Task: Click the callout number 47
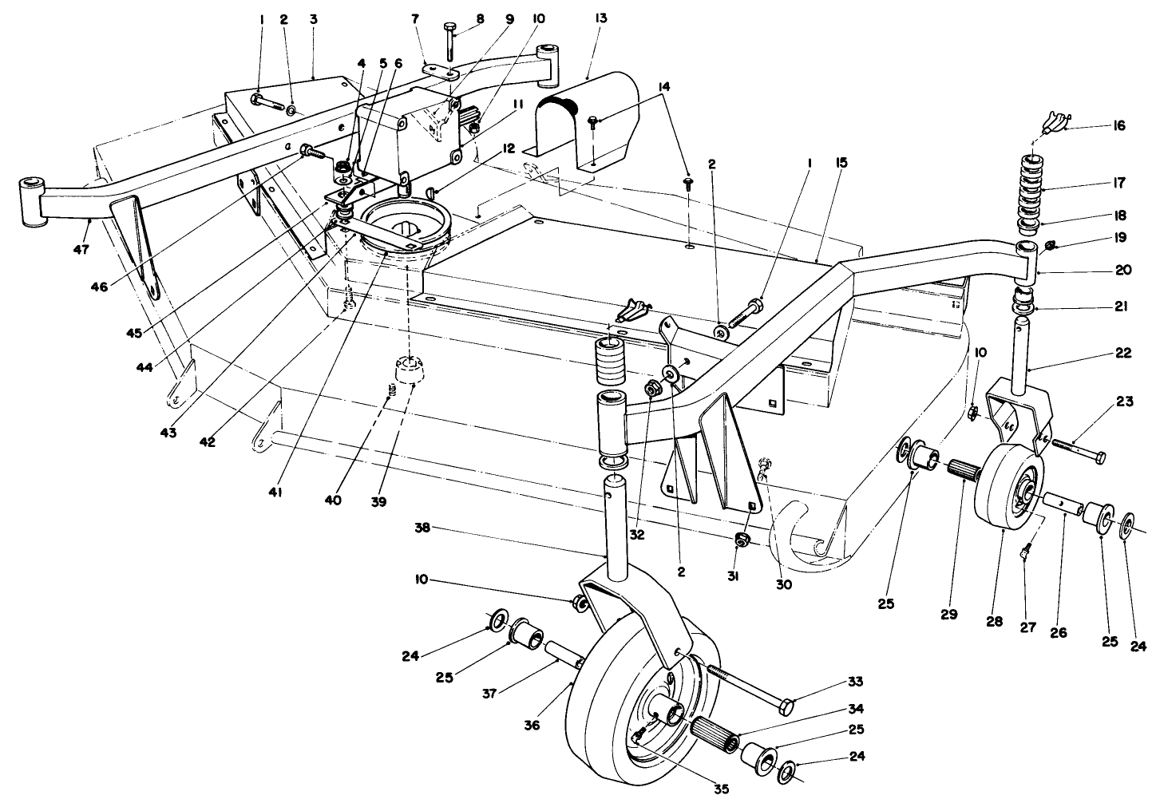point(81,250)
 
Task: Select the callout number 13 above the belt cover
point(600,18)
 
